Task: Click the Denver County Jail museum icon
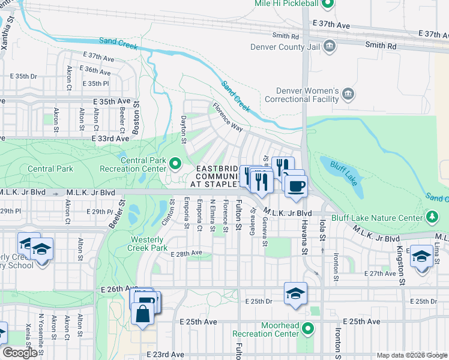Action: coord(329,46)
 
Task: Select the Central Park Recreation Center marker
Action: coord(175,163)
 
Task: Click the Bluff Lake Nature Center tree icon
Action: coord(431,216)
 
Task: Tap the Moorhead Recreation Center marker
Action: coord(308,328)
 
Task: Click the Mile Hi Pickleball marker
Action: coord(327,4)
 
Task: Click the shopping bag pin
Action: coord(143,313)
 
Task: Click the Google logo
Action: coord(20,353)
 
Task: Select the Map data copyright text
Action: coord(411,355)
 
